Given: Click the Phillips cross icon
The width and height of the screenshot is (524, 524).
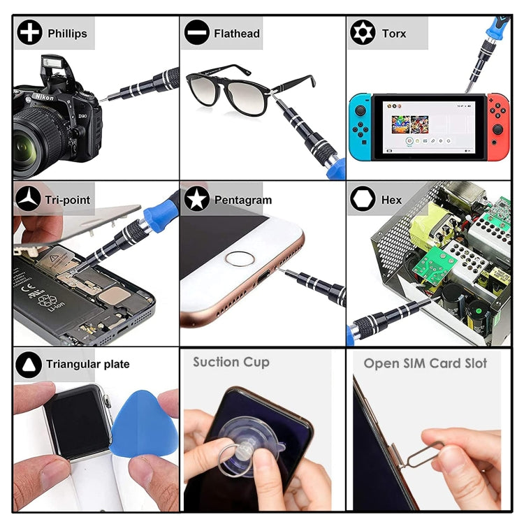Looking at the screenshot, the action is (30, 32).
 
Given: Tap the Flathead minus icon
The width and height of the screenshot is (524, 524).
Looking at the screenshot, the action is (197, 32).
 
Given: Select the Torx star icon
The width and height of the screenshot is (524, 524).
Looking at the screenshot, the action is (363, 32).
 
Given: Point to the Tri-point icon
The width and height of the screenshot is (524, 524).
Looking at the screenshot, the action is (28, 199).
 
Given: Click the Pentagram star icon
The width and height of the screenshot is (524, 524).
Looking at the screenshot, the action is (197, 199).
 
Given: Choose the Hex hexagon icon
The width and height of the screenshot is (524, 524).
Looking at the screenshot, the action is (363, 199).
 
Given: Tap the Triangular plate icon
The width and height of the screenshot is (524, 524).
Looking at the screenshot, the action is (29, 364).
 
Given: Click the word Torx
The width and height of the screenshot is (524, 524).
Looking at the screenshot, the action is (394, 34).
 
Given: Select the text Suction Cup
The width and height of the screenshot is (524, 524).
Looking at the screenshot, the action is (231, 362).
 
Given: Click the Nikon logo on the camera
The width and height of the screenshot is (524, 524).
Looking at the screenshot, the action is (44, 97).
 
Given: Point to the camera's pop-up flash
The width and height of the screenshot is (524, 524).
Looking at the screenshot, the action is (54, 65).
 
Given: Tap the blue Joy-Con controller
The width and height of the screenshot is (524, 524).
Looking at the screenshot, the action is (361, 127).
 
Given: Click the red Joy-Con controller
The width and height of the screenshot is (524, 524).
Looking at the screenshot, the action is (498, 127).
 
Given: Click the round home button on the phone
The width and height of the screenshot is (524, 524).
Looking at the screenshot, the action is (240, 259).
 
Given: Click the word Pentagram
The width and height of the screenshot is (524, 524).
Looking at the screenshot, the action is (243, 200).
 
